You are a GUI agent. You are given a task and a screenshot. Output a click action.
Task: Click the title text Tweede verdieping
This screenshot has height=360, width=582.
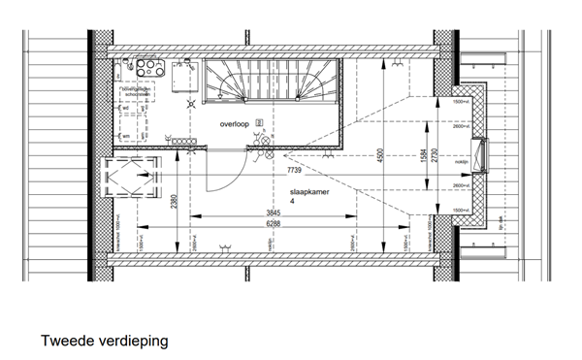pyautogui.click(x=105, y=342)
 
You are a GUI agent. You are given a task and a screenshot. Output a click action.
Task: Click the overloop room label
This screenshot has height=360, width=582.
pyautogui.click(x=236, y=126)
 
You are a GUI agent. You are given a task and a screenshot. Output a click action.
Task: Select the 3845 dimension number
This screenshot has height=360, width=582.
pyautogui.click(x=275, y=213)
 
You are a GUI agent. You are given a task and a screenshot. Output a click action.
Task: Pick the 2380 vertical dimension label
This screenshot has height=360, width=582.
pyautogui.click(x=173, y=202)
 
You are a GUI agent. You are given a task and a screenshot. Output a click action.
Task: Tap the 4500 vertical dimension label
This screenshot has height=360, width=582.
pyautogui.click(x=381, y=154)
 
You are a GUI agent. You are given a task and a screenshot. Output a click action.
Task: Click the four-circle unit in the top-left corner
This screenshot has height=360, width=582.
pyautogui.click(x=150, y=67)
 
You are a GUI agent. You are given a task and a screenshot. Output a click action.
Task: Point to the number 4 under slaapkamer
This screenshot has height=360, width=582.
pyautogui.click(x=292, y=202)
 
